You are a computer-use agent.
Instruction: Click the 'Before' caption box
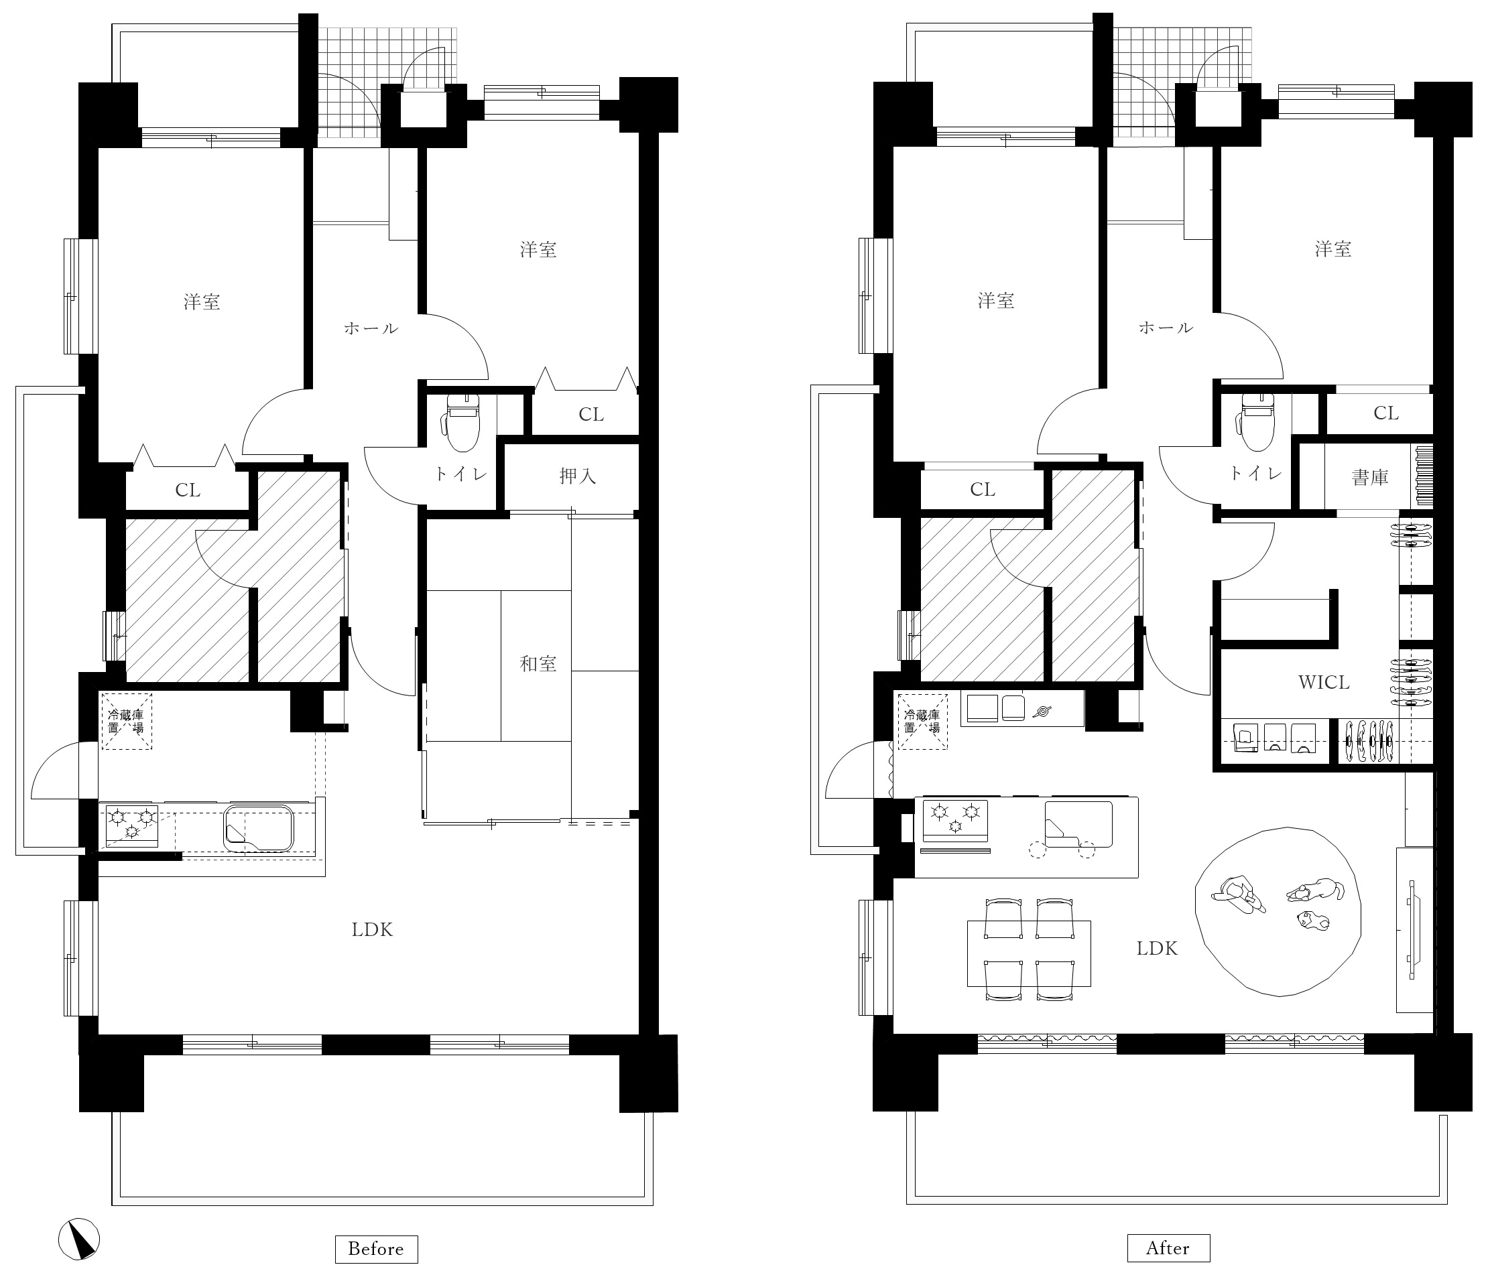click(376, 1249)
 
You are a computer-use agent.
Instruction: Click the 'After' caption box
click(1168, 1248)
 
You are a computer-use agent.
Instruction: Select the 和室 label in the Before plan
click(539, 663)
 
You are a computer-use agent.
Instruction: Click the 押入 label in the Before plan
click(578, 476)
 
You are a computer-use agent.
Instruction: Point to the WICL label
click(1324, 682)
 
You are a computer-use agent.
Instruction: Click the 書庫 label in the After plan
click(1370, 477)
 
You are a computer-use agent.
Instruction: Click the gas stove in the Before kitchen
click(131, 825)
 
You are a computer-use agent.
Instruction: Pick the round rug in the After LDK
click(1278, 911)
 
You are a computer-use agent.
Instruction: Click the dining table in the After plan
click(1029, 953)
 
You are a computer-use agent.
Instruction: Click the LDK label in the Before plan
click(373, 930)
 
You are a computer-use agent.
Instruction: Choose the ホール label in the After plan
click(1166, 328)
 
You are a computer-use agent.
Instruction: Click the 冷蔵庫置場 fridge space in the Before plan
click(127, 721)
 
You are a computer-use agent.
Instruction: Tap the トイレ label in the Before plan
click(461, 474)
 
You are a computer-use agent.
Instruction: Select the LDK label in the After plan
click(1157, 949)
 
